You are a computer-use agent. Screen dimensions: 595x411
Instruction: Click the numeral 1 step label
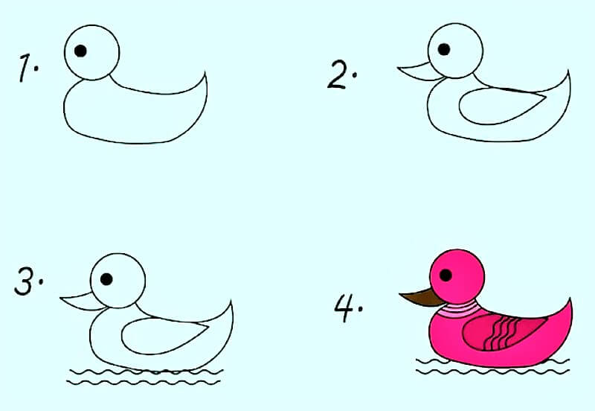25,68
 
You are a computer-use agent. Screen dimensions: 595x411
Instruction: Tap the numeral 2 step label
337,75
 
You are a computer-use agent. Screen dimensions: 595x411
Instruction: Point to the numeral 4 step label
344,308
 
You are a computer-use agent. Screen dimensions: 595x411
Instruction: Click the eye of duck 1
80,51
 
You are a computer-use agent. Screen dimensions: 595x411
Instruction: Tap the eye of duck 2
444,49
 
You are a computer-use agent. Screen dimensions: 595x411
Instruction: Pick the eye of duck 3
106,279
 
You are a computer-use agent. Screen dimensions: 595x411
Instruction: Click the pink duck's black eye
446,275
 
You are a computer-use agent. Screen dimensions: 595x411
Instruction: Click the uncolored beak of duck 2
419,71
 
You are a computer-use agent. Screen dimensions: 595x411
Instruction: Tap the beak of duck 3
82,302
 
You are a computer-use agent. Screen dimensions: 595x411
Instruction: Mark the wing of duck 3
163,336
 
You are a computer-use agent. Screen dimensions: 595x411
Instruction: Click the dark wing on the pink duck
503,332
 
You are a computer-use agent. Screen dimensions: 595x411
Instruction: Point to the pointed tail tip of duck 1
205,71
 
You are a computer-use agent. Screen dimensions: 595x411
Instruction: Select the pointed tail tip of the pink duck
570,299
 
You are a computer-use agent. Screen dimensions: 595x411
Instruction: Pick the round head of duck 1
91,52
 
